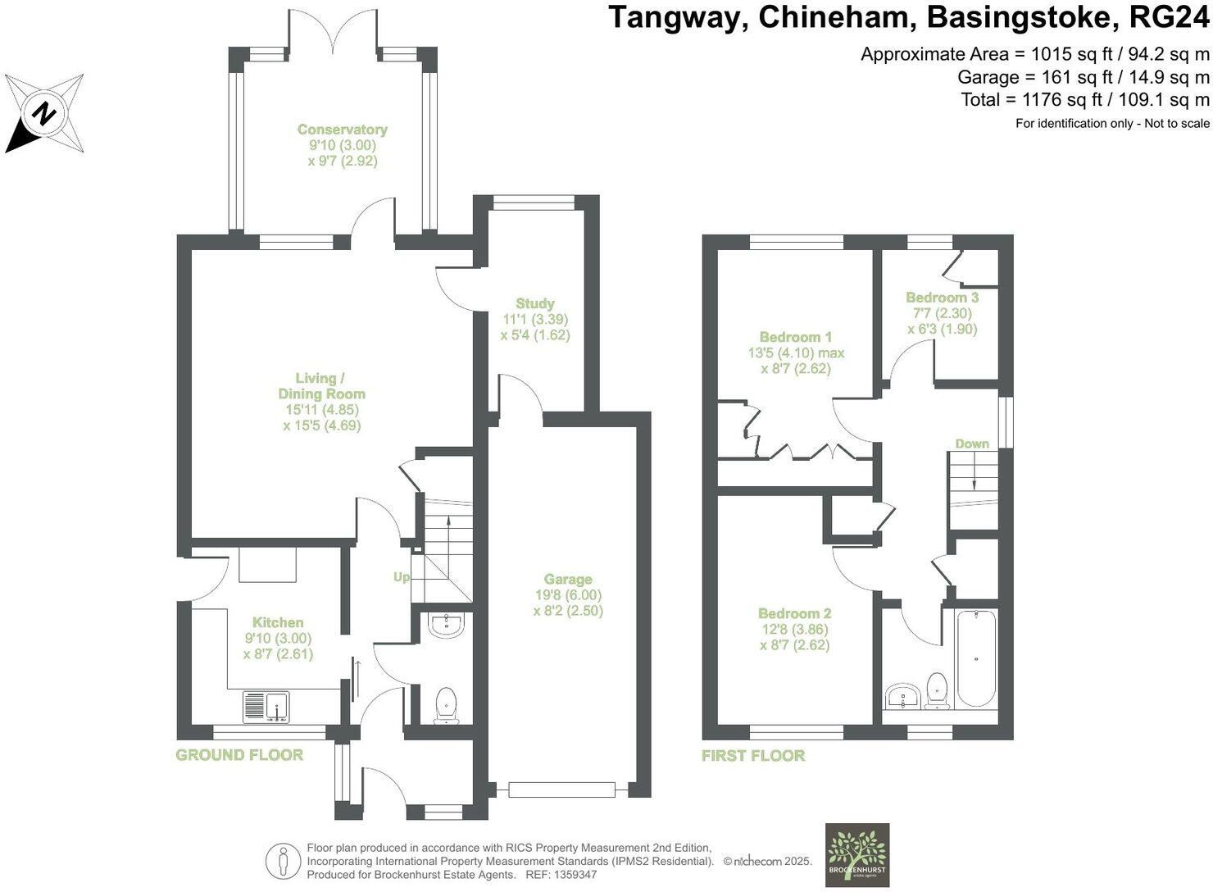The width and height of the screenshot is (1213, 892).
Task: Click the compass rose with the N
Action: point(44,112)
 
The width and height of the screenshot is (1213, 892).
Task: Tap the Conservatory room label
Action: point(342,130)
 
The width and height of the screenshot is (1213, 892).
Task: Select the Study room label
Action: point(535,303)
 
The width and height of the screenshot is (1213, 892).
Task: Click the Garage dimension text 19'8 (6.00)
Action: point(567,595)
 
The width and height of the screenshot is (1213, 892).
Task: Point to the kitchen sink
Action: point(266,706)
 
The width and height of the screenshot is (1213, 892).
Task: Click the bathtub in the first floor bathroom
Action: point(975,658)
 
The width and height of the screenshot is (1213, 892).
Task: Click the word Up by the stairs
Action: point(401,577)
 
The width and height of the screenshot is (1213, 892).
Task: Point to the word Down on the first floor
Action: point(972,444)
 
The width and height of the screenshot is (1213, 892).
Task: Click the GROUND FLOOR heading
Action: point(239,755)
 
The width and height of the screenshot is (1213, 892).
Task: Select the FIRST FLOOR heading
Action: point(753,756)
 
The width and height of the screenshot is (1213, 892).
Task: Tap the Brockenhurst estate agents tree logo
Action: point(856,853)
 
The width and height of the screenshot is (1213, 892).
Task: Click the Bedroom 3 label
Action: point(942,298)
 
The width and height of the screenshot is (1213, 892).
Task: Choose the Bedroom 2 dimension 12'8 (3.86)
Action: point(794,630)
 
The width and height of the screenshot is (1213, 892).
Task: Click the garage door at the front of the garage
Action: point(561,790)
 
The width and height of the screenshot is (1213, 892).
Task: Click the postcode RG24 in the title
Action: point(1169,18)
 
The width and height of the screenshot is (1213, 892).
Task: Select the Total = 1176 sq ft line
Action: point(1085,100)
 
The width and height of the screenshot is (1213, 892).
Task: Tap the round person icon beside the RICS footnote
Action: point(283,861)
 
